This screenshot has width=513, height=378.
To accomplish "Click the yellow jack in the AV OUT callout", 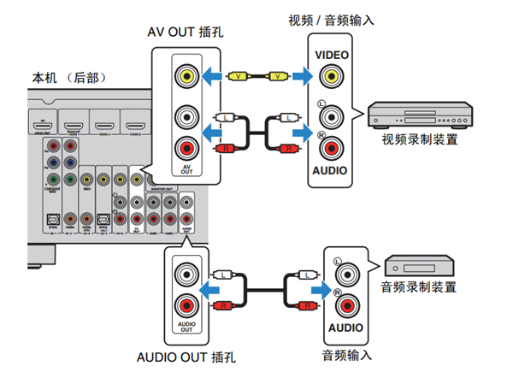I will [184, 75].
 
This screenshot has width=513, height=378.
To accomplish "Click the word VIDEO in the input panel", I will [330, 54].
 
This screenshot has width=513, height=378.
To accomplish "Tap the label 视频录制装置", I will [418, 138].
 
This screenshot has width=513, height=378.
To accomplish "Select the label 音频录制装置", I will [419, 286].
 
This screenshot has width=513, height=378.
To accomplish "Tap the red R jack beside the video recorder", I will [330, 146].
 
